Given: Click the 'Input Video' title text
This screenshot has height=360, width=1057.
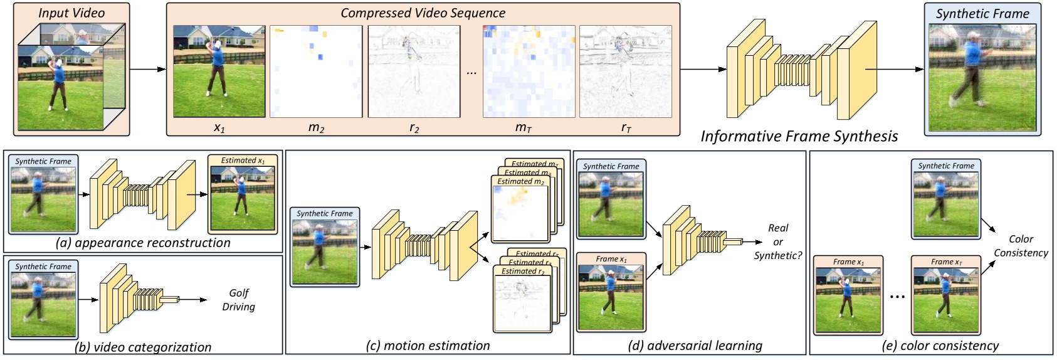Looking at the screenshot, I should click(x=71, y=13).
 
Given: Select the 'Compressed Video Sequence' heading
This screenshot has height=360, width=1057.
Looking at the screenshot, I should click(x=423, y=13).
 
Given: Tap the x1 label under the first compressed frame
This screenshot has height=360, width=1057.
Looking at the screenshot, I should click(x=219, y=128).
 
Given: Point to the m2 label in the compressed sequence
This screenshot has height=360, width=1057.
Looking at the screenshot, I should click(x=316, y=128).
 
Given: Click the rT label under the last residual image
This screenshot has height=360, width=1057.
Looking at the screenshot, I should click(x=626, y=128).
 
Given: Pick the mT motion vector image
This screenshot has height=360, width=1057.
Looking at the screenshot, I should click(x=528, y=71).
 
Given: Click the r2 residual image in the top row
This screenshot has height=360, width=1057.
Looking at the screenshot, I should click(x=414, y=71).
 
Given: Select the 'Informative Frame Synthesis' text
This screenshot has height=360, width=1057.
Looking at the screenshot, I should click(x=799, y=137).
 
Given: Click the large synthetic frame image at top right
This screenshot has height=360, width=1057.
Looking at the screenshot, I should click(x=982, y=78).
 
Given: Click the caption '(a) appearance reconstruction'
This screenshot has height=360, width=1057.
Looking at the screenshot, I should click(x=143, y=243).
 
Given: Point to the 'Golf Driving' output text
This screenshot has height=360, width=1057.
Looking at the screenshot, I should click(x=238, y=300).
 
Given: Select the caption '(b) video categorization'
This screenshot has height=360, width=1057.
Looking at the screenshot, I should click(x=143, y=347).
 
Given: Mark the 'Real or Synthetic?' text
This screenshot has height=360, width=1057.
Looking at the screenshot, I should click(x=777, y=241).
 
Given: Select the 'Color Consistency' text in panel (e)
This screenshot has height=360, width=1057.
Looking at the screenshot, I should click(x=1021, y=246).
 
